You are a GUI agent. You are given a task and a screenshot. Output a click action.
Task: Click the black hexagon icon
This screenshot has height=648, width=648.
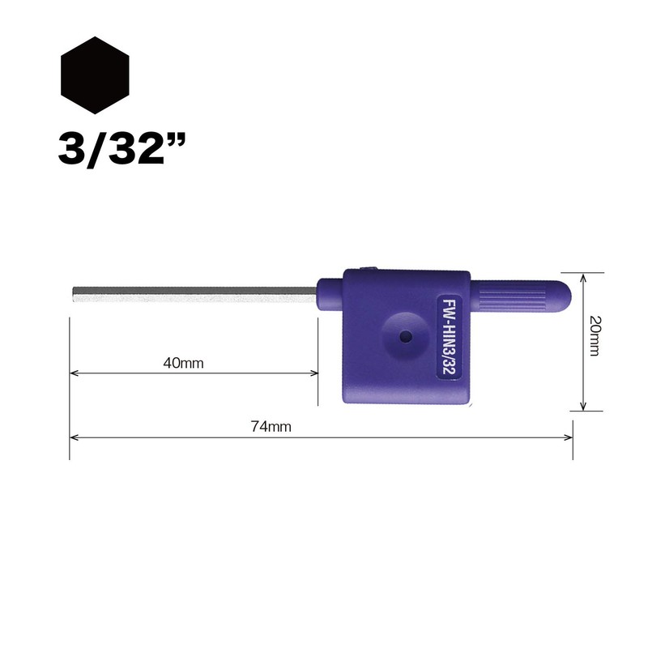point(95,75)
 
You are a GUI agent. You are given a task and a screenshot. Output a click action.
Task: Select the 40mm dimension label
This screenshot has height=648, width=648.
point(182,363)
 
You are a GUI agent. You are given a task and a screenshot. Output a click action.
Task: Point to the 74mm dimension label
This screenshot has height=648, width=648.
point(271,427)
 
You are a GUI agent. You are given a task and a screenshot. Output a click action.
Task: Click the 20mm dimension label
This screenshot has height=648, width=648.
point(595,338)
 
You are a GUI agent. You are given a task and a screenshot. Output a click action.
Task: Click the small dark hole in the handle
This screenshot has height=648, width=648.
point(403,335)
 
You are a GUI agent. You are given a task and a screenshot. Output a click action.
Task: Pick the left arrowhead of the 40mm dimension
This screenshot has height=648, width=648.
point(74,373)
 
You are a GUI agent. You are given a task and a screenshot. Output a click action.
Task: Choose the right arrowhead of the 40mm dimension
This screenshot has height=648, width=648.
point(314,373)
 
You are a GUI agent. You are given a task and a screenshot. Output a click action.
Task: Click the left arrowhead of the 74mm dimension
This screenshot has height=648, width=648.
point(74,437)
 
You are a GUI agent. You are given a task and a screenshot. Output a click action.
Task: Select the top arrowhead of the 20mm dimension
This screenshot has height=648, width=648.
point(582,275)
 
